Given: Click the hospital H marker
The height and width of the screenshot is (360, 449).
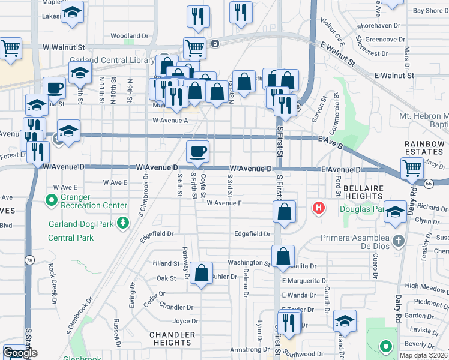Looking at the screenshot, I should click(319, 208).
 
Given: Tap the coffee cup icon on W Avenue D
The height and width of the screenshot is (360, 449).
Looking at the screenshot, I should click(197, 152).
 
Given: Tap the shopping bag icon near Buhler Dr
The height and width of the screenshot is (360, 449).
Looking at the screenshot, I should click(203, 274).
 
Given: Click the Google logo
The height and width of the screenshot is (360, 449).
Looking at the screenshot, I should click(20, 353).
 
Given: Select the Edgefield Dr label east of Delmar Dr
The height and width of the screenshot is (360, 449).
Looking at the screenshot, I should click(253, 234).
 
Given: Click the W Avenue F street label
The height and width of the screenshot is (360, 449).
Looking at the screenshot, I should click(224, 203).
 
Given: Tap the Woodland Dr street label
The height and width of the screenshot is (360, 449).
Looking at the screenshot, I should click(129, 36).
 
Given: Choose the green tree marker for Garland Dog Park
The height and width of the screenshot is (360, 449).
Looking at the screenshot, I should click(123, 223).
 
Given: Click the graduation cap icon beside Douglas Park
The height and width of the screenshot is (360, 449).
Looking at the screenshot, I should click(395, 211).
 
